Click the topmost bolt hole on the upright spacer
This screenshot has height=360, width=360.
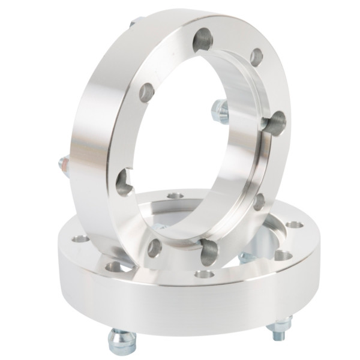pyautogui.click(x=202, y=41)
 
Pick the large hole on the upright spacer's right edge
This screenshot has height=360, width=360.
pyautogui.click(x=275, y=122)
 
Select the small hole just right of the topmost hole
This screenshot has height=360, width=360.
pyautogui.click(x=256, y=58)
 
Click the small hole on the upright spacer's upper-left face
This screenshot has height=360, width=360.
pyautogui.click(x=147, y=92)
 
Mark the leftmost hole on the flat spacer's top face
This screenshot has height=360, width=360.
pyautogui.click(x=80, y=239)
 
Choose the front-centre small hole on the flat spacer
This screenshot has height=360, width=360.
pyautogui.click(x=205, y=274)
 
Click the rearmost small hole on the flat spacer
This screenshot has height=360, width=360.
pyautogui.click(x=175, y=196)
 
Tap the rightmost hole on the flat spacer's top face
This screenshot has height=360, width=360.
pyautogui.click(x=293, y=224)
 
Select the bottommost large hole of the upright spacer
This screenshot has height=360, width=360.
pyautogui.click(x=207, y=252)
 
